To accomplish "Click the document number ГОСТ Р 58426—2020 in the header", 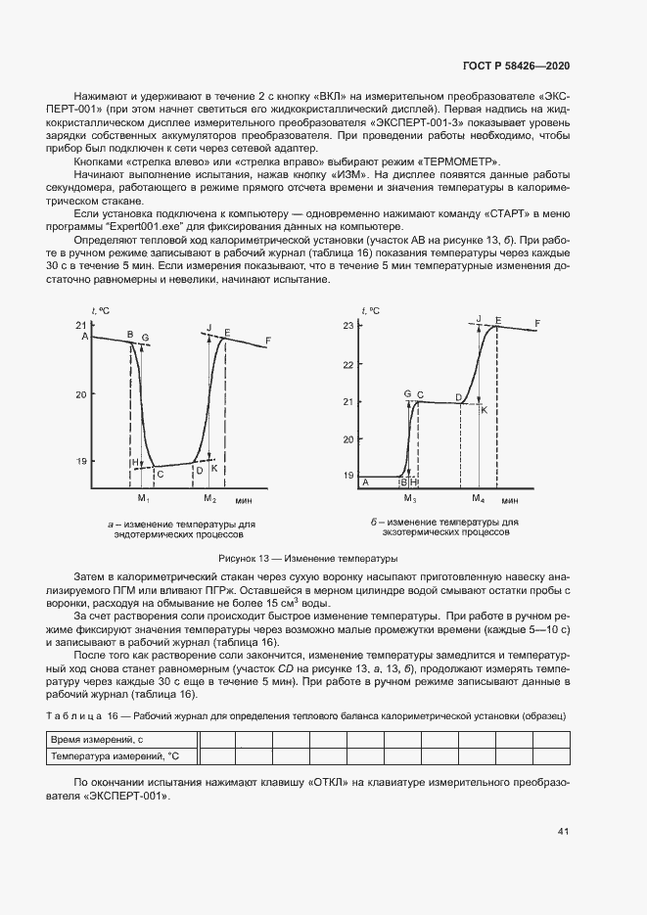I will [515, 65].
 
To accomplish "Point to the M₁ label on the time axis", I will [143, 499].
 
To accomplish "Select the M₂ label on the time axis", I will [209, 499].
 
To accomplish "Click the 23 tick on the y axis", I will [347, 326].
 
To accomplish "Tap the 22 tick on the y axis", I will [347, 364].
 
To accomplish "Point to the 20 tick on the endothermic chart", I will [80, 393].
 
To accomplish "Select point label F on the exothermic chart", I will [537, 323].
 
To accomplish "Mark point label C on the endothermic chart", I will [161, 475].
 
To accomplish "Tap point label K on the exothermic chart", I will [484, 409].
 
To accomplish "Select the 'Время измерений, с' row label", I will [97, 740].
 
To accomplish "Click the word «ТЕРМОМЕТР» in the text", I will [459, 160].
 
